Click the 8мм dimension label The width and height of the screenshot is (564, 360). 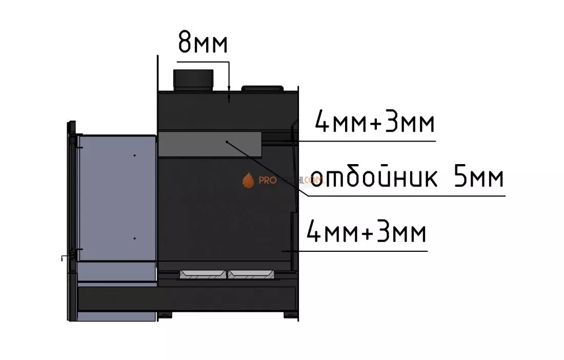[x=203, y=43]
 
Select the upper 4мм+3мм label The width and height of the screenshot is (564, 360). [x=374, y=124]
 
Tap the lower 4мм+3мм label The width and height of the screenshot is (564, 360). [x=366, y=234]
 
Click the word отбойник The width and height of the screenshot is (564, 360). [x=374, y=178]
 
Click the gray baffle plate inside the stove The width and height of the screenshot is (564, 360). [x=210, y=143]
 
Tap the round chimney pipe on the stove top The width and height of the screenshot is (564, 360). [x=193, y=80]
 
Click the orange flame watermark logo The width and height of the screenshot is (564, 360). [x=248, y=180]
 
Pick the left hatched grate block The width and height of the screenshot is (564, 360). [x=203, y=274]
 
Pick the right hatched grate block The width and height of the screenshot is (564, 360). [x=251, y=274]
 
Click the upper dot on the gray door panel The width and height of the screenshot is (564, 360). [x=134, y=155]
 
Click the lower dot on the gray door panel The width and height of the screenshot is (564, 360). [x=134, y=238]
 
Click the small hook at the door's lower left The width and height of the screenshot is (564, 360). [x=63, y=257]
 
